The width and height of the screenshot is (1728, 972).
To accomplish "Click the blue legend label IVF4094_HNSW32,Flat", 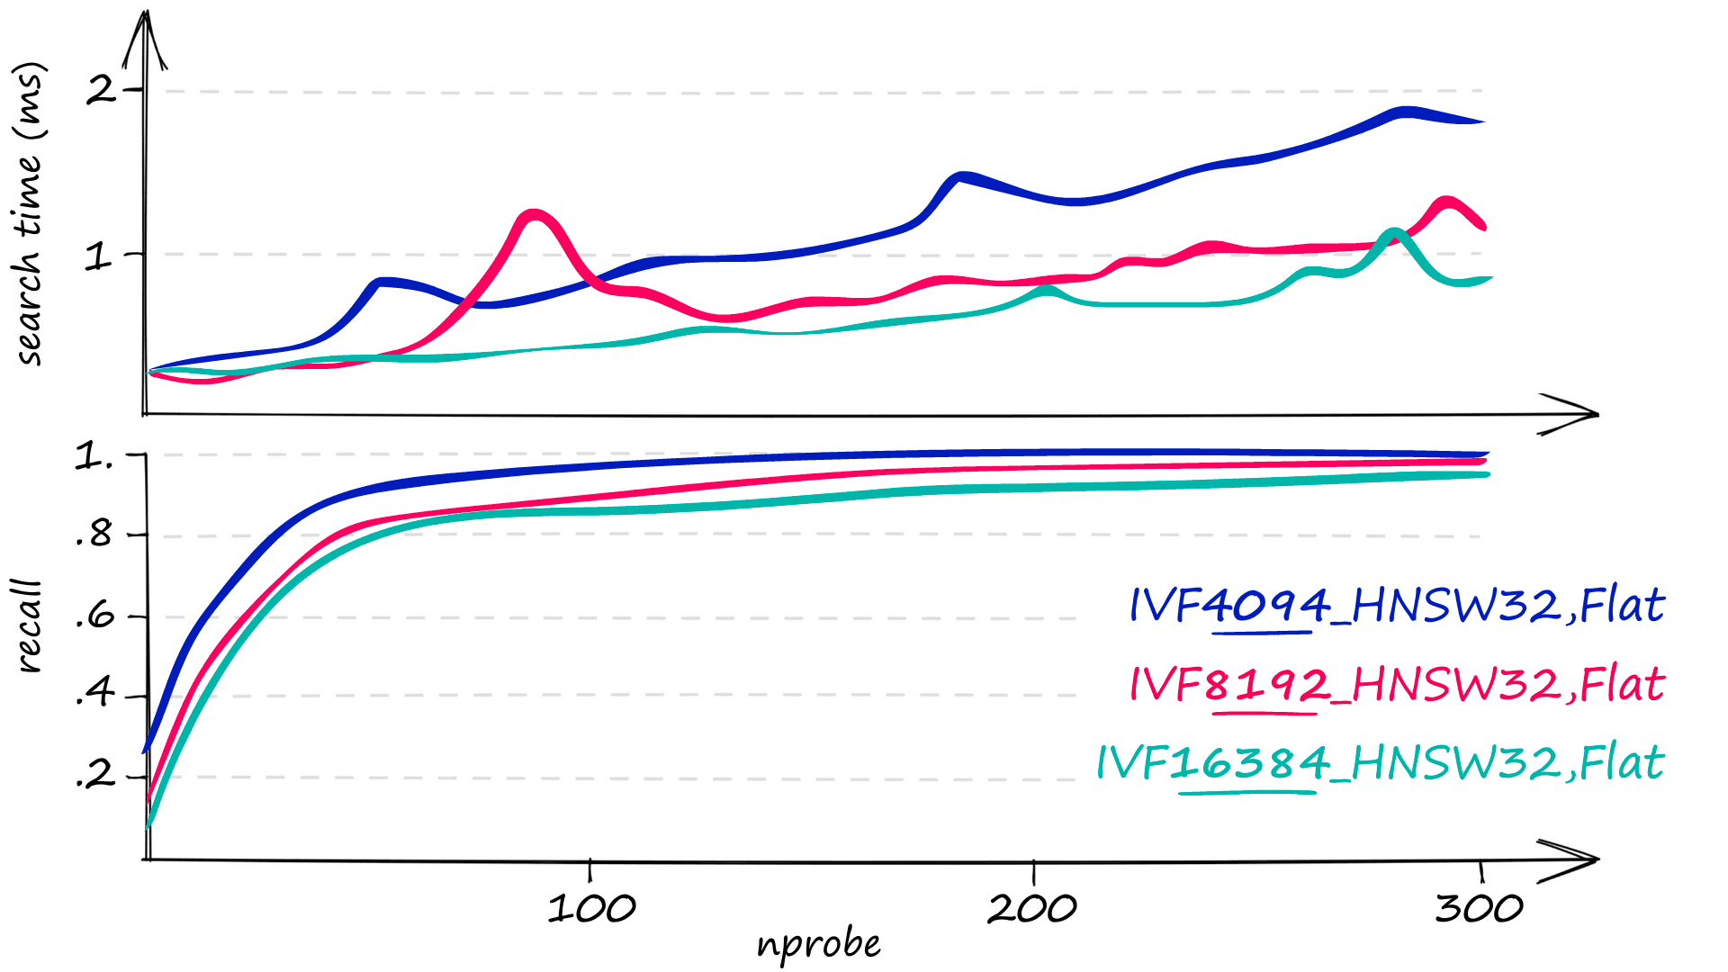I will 1397,605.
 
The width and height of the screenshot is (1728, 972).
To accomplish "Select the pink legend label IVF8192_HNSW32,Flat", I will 1397,684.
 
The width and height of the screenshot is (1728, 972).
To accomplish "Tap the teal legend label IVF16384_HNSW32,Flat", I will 1381,763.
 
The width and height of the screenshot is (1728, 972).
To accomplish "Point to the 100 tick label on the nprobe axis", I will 591,909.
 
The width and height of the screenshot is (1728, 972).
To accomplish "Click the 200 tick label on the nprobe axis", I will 1032,909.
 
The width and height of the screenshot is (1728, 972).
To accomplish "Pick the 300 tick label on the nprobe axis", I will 1479,909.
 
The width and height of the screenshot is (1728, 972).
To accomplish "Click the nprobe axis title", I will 818,944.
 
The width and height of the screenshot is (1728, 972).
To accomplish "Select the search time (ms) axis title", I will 29,213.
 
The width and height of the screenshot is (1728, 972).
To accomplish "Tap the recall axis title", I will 29,626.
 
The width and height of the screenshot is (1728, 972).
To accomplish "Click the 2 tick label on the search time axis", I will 100,90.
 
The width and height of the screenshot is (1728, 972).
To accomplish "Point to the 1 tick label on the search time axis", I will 98,257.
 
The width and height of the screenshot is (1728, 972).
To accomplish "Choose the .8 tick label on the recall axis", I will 94,535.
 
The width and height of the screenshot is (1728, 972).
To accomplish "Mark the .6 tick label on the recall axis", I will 94,617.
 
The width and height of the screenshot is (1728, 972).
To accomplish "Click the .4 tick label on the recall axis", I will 94,694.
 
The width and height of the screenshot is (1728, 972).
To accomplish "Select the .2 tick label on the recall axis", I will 94,774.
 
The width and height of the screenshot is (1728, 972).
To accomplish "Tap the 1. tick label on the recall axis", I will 94,456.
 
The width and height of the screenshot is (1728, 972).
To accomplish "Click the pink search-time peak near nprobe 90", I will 535,215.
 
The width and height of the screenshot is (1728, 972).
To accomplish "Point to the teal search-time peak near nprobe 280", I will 1394,234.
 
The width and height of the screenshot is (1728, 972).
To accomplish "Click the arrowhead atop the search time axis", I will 145,40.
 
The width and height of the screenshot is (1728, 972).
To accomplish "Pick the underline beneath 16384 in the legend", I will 1246,793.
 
